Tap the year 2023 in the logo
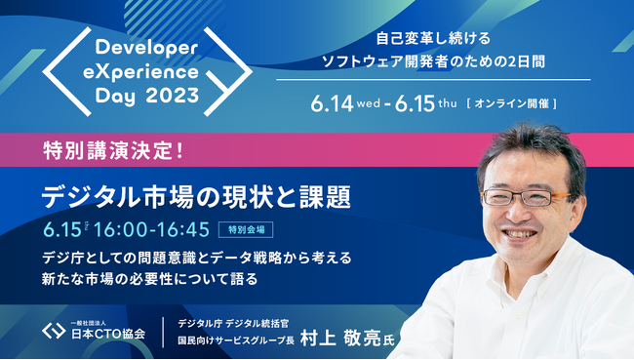click(173, 96)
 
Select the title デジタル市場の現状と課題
click(196, 195)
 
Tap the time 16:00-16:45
click(154, 231)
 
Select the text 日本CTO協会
click(107, 334)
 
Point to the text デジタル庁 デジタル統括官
click(241, 322)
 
